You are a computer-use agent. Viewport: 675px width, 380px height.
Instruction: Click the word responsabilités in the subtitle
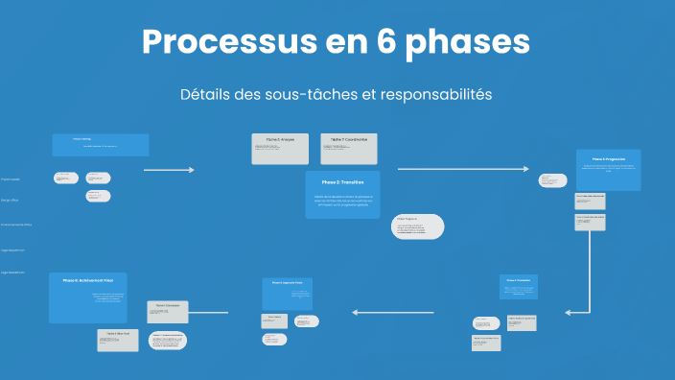pos(436,95)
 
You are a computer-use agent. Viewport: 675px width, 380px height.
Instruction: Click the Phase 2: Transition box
pos(342,194)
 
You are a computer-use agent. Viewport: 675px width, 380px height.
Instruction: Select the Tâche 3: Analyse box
pos(281,148)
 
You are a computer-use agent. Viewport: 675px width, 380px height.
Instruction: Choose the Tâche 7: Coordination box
pos(348,148)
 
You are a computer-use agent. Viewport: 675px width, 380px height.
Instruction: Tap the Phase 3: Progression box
pos(608,170)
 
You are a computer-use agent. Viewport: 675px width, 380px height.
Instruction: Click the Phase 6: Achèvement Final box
pos(88,297)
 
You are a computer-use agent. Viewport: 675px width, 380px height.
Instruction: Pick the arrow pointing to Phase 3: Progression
pos(462,169)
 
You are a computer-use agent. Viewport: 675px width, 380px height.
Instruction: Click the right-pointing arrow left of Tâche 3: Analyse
pos(169,170)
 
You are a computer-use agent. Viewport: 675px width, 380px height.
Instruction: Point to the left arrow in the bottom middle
pos(393,312)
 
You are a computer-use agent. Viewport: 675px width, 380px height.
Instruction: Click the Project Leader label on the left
pos(11,179)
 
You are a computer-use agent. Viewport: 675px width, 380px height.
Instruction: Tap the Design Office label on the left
pos(11,201)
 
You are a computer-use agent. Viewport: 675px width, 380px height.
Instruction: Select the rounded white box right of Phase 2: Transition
pos(419,226)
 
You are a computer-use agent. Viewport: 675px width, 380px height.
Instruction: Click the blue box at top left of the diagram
pos(101,145)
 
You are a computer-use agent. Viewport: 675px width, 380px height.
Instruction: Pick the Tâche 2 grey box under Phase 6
pos(118,340)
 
